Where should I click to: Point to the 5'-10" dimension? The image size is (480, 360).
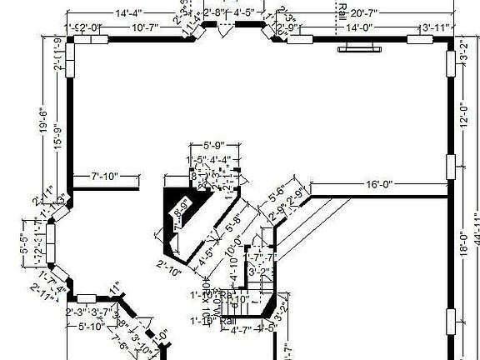click(92, 326)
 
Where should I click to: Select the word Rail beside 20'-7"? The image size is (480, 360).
click(342, 12)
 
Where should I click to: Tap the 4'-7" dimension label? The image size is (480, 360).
click(241, 330)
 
